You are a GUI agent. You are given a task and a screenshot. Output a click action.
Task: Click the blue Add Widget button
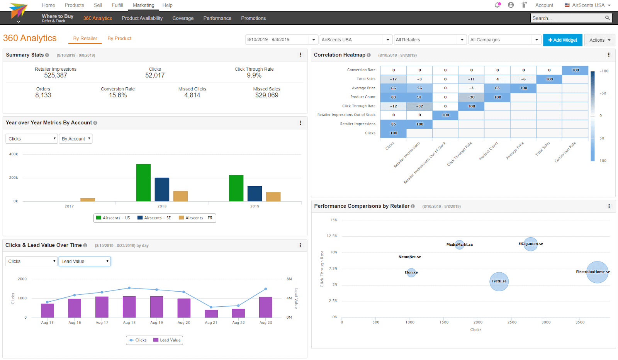[562, 40]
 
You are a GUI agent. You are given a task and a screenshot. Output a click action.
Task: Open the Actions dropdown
[599, 40]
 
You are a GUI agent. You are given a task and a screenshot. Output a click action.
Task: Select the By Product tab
[119, 39]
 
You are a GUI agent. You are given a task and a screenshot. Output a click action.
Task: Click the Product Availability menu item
[142, 18]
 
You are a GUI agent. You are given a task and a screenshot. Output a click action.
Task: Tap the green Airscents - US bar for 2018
[143, 182]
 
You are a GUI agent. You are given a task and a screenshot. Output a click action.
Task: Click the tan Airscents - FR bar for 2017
[88, 200]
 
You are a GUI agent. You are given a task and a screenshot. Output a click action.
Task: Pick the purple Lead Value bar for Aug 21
[211, 314]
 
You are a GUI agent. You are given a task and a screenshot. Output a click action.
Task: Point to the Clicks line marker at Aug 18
[129, 288]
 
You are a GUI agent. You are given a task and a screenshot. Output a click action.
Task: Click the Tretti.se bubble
[499, 282]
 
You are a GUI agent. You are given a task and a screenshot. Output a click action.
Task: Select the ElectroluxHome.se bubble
[597, 272]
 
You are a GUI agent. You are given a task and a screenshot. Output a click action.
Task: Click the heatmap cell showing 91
[419, 97]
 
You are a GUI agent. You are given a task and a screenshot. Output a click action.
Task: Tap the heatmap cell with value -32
[419, 106]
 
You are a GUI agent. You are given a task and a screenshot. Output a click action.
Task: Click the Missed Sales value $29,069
[267, 95]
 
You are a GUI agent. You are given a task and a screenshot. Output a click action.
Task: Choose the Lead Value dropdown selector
[85, 262]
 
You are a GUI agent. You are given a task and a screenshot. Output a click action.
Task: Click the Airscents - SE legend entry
[154, 218]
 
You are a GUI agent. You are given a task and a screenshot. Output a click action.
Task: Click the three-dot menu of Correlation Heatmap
[609, 55]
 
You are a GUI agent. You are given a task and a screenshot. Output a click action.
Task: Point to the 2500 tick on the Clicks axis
[512, 322]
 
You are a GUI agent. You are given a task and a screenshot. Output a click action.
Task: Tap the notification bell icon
[497, 5]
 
